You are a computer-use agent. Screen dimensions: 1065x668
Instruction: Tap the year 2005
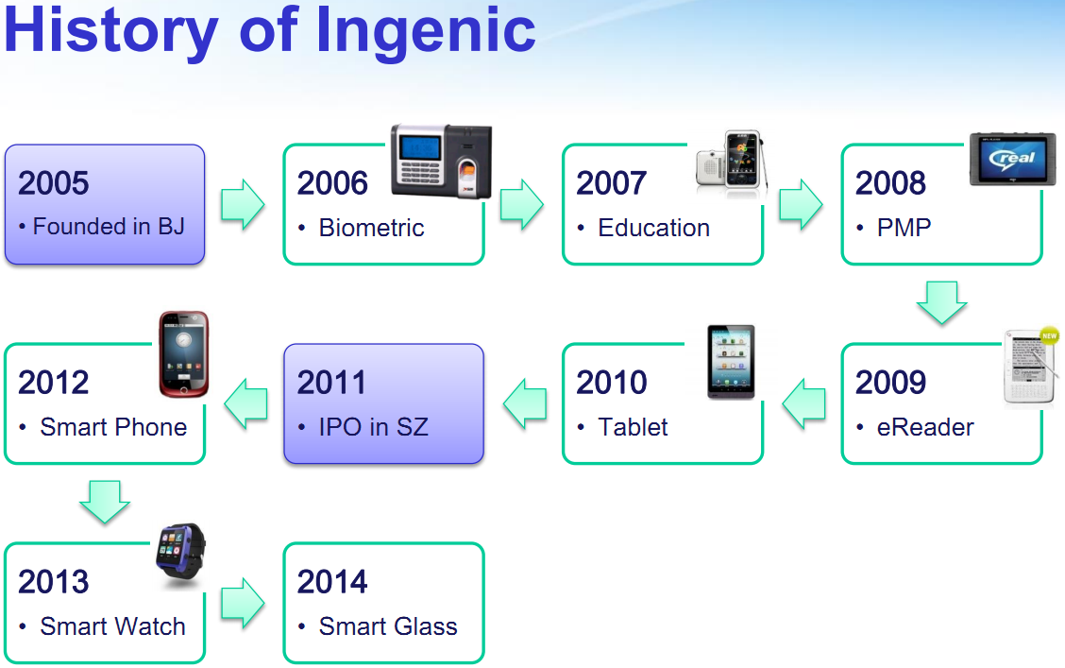pyautogui.click(x=54, y=182)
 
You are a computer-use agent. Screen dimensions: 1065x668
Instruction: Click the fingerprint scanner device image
pyautogui.click(x=442, y=161)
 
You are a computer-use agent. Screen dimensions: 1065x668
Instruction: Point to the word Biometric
pyautogui.click(x=372, y=228)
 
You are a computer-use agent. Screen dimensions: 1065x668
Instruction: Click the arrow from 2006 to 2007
pyautogui.click(x=521, y=204)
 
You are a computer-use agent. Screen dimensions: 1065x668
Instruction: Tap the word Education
pyautogui.click(x=654, y=228)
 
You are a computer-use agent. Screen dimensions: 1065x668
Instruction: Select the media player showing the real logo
pyautogui.click(x=1013, y=159)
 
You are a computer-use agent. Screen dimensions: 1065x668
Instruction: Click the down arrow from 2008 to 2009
pyautogui.click(x=941, y=302)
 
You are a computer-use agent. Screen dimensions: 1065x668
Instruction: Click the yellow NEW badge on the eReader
pyautogui.click(x=1050, y=335)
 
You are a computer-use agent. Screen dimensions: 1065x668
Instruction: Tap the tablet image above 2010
pyautogui.click(x=731, y=362)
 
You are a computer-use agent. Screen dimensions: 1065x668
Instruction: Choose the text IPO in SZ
pyautogui.click(x=374, y=427)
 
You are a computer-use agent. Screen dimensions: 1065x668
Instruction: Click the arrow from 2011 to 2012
pyautogui.click(x=245, y=403)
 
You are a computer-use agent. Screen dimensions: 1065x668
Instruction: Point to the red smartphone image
pyautogui.click(x=183, y=354)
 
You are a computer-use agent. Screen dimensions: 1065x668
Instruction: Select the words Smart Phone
pyautogui.click(x=113, y=427)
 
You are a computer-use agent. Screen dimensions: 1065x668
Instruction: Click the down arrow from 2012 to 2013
pyautogui.click(x=105, y=502)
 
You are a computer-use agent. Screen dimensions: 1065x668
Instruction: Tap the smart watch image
pyautogui.click(x=180, y=551)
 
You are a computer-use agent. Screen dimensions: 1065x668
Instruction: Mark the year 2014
pyautogui.click(x=332, y=582)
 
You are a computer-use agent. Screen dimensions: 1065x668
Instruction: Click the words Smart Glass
pyautogui.click(x=388, y=625)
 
